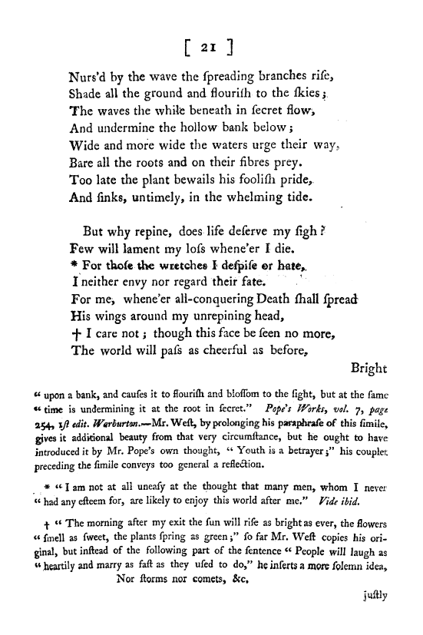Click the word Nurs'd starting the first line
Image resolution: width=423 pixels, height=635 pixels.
click(x=88, y=77)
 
